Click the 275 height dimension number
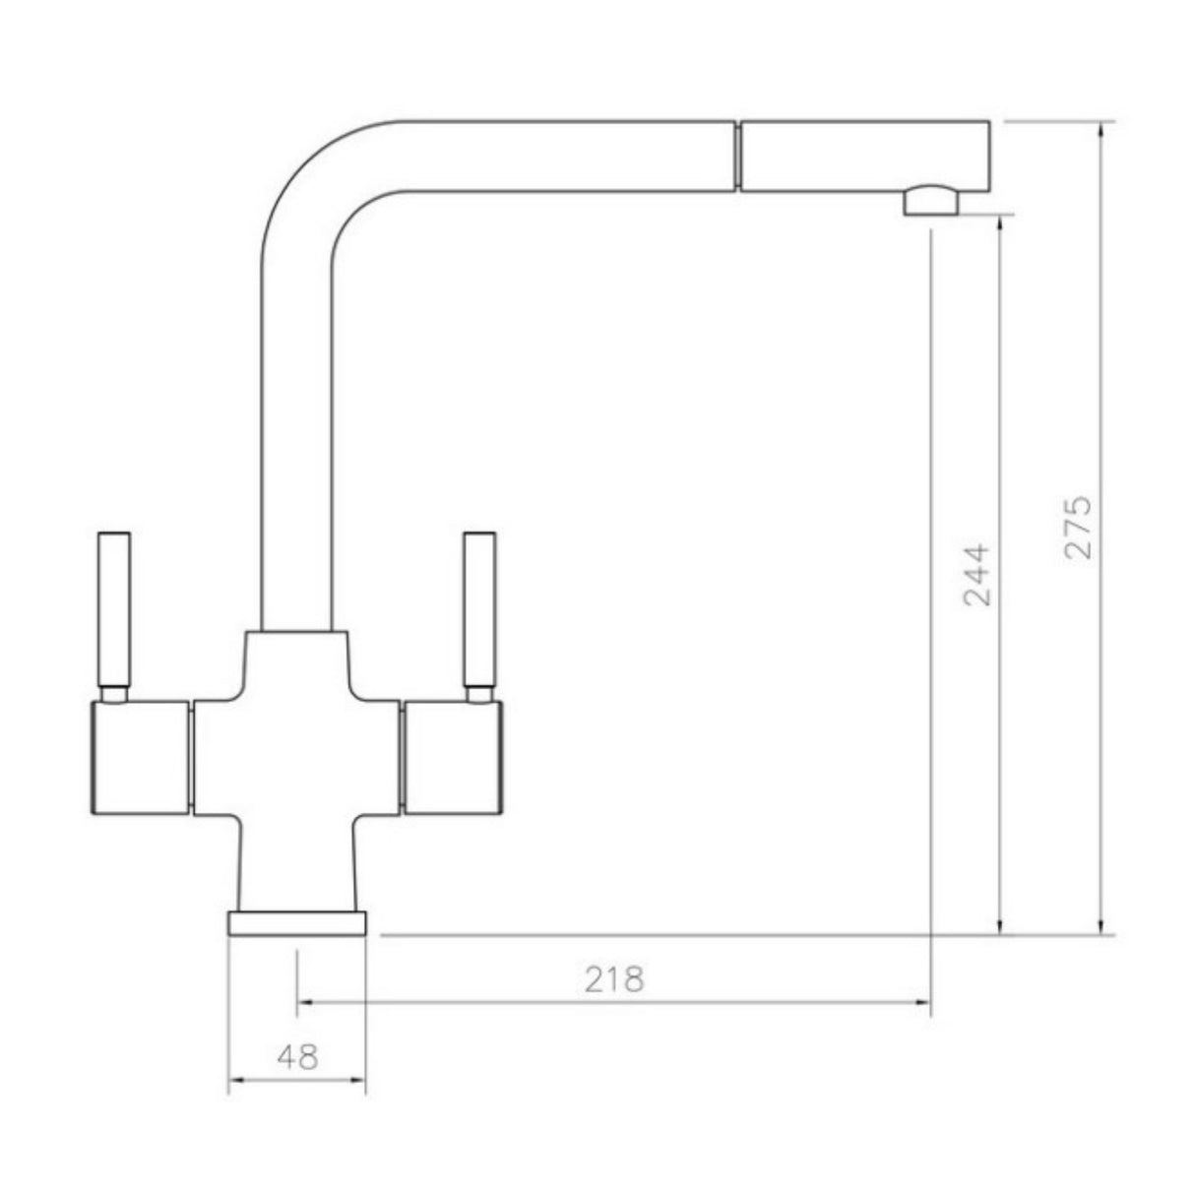[1079, 528]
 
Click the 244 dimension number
[976, 574]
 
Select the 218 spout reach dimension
[613, 979]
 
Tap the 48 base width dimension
[297, 1057]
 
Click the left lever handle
[114, 610]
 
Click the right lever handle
[479, 610]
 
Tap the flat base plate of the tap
[297, 923]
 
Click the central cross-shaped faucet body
[296, 758]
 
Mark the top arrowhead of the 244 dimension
[1001, 222]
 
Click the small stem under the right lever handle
[479, 695]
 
